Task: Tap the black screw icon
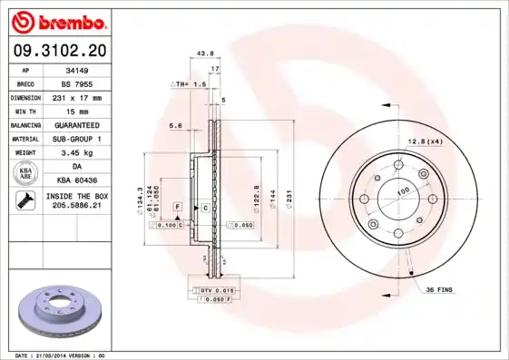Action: tap(24, 202)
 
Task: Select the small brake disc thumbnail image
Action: tap(63, 310)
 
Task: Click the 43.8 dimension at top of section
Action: tap(205, 54)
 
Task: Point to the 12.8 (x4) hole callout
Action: tap(425, 141)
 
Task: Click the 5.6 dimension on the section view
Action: tap(176, 126)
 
